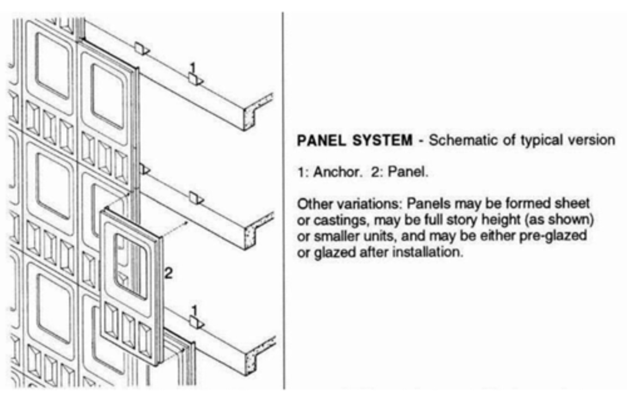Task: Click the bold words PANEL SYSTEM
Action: coord(354,140)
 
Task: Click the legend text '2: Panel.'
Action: coord(399,172)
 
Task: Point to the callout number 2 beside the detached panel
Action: coord(169,273)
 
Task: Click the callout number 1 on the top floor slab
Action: coord(193,68)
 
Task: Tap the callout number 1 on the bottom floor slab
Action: coord(194,311)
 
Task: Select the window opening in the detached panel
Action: coord(130,266)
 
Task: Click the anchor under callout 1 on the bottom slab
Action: coord(196,323)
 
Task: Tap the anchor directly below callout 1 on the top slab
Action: coord(196,80)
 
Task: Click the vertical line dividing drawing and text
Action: coord(284,200)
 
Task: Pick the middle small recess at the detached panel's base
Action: coord(128,328)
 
